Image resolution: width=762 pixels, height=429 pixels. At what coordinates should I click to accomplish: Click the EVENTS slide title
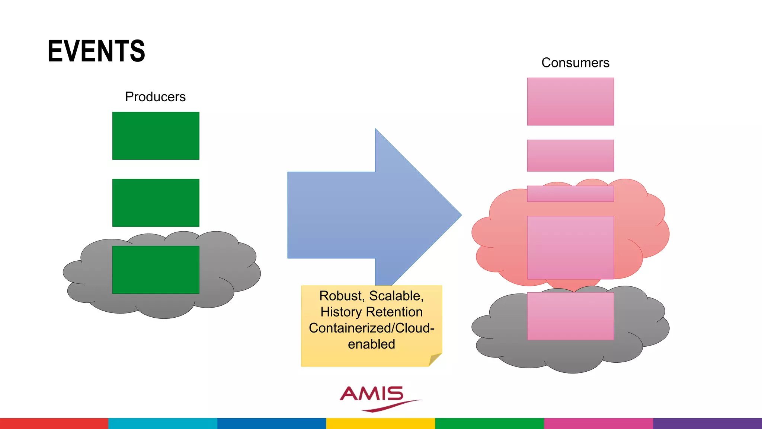pyautogui.click(x=96, y=51)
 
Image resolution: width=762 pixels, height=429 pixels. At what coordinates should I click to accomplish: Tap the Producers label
pyautogui.click(x=155, y=97)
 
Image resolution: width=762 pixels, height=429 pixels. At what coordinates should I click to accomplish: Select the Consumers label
pyautogui.click(x=575, y=63)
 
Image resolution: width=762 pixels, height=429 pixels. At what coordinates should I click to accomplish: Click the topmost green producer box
pyautogui.click(x=156, y=136)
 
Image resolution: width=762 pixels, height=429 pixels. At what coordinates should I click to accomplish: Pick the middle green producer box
pyautogui.click(x=156, y=203)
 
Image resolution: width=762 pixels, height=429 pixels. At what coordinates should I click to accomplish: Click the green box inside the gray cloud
pyautogui.click(x=156, y=270)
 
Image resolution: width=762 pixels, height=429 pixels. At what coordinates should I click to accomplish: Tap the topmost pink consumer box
pyautogui.click(x=570, y=102)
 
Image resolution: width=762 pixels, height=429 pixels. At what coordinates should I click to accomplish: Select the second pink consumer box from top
pyautogui.click(x=570, y=156)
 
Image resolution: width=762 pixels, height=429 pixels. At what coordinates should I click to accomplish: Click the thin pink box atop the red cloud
pyautogui.click(x=570, y=194)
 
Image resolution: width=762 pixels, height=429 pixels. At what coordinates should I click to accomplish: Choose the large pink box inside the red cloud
pyautogui.click(x=570, y=248)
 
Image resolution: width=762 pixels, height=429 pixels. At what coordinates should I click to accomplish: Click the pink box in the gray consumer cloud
pyautogui.click(x=570, y=316)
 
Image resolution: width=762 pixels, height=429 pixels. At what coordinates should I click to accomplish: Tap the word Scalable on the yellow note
pyautogui.click(x=396, y=296)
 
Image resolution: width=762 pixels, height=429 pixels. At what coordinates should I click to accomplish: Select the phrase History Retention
pyautogui.click(x=371, y=312)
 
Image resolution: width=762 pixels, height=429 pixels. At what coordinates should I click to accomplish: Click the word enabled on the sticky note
pyautogui.click(x=371, y=344)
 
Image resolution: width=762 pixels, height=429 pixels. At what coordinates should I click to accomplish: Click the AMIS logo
pyautogui.click(x=376, y=397)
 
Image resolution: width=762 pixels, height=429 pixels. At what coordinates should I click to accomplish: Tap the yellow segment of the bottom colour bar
pyautogui.click(x=381, y=423)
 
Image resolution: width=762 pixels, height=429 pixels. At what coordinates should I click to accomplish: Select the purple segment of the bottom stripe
pyautogui.click(x=707, y=423)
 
